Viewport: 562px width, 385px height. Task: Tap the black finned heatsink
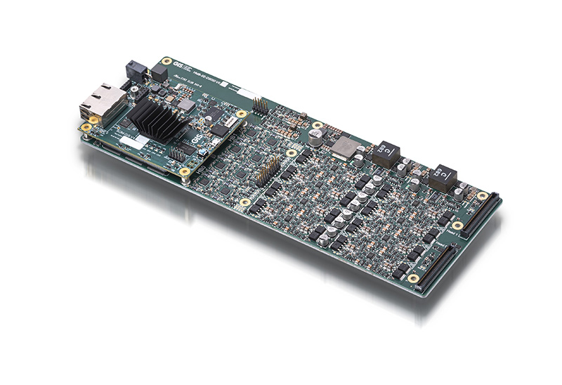click(x=153, y=117)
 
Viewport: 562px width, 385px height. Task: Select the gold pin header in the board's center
click(x=268, y=169)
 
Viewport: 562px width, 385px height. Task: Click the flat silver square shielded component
click(x=345, y=147)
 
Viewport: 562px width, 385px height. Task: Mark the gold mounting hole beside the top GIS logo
click(x=165, y=62)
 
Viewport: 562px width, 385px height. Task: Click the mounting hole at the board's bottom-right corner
click(x=414, y=278)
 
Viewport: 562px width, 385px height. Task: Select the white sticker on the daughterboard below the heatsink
click(x=133, y=144)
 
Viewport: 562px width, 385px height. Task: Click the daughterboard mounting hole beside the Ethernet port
click(x=86, y=129)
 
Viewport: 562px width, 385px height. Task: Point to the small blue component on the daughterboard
click(x=202, y=149)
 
